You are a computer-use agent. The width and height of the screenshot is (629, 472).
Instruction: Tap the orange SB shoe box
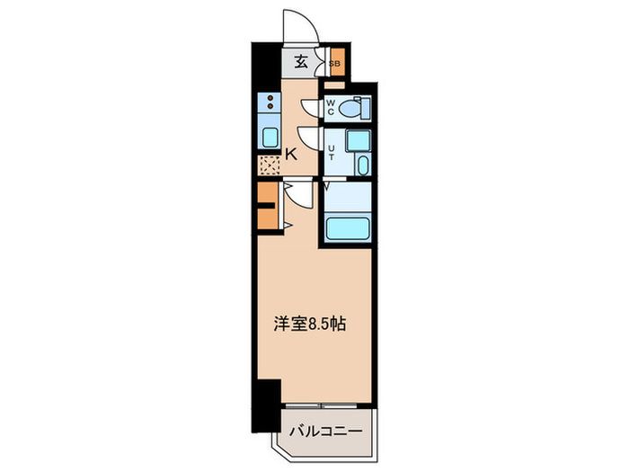pyautogui.click(x=334, y=64)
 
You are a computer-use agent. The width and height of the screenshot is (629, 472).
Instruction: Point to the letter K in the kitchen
pyautogui.click(x=291, y=154)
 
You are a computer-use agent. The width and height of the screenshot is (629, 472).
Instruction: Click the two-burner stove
pyautogui.click(x=269, y=102)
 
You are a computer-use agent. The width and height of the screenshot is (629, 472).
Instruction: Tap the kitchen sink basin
pyautogui.click(x=269, y=137)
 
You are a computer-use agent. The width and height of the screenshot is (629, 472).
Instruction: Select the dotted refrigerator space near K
pyautogui.click(x=269, y=165)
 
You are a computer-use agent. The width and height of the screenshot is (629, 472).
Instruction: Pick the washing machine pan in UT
pyautogui.click(x=358, y=140)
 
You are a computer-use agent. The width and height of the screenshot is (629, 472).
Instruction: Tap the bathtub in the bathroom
pyautogui.click(x=347, y=227)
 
